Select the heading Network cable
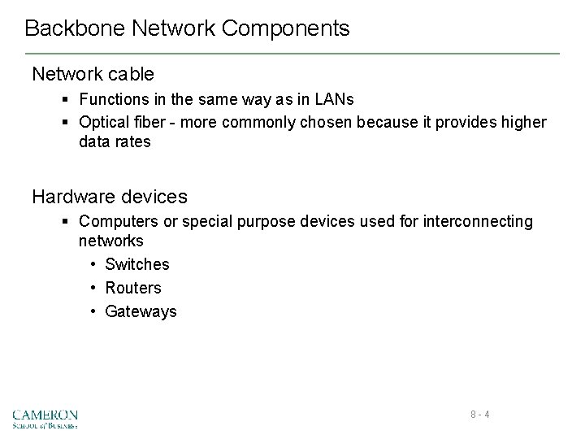[x=93, y=74]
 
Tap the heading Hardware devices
[x=110, y=197]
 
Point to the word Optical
[x=105, y=122]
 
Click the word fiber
[x=152, y=122]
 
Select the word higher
[x=525, y=122]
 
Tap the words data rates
[x=115, y=141]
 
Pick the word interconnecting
[x=478, y=221]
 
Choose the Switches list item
[x=137, y=264]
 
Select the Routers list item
[x=133, y=288]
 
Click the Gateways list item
[x=141, y=311]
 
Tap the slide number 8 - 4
[x=479, y=415]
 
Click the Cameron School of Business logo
[x=45, y=418]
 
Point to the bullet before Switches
[x=94, y=264]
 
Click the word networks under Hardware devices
[x=111, y=241]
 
